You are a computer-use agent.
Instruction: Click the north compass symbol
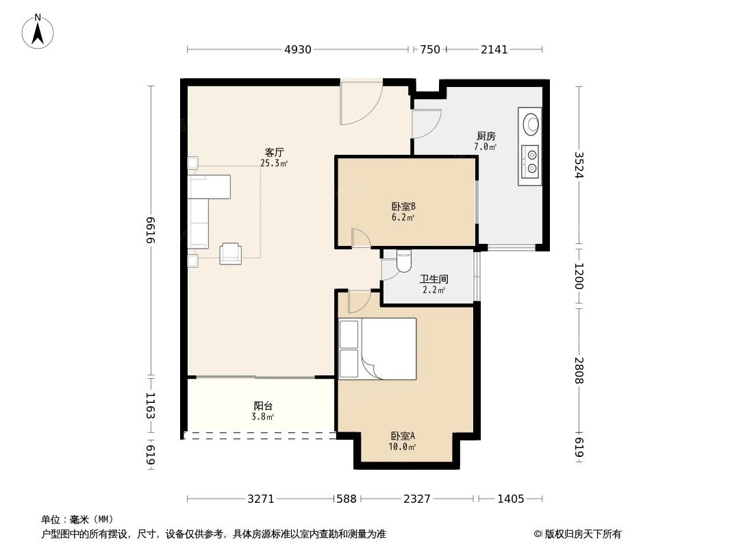tap(38, 32)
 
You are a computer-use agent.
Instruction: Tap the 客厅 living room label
tap(275, 152)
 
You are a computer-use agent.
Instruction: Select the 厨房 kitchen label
tap(486, 136)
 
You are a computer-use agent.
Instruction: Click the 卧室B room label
tap(404, 206)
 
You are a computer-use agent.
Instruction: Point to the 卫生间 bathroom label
tap(433, 279)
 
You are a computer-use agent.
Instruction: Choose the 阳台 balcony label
tap(264, 406)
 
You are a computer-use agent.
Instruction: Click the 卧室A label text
tap(403, 436)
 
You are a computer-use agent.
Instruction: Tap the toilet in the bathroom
tap(403, 260)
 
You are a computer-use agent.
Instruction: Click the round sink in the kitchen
tap(531, 125)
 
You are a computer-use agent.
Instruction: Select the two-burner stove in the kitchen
tap(530, 162)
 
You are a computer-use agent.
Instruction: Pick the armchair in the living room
tap(230, 253)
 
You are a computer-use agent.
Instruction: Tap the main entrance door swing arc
tap(362, 104)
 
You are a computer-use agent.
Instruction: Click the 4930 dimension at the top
tap(297, 49)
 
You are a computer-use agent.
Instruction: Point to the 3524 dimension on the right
tap(579, 164)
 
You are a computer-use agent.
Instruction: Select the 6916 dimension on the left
tap(151, 230)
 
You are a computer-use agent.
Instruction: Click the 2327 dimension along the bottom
tap(416, 499)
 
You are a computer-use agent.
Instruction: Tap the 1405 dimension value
tap(510, 499)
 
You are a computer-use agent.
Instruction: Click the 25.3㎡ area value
tap(274, 164)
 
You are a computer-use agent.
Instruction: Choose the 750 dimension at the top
tap(429, 49)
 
